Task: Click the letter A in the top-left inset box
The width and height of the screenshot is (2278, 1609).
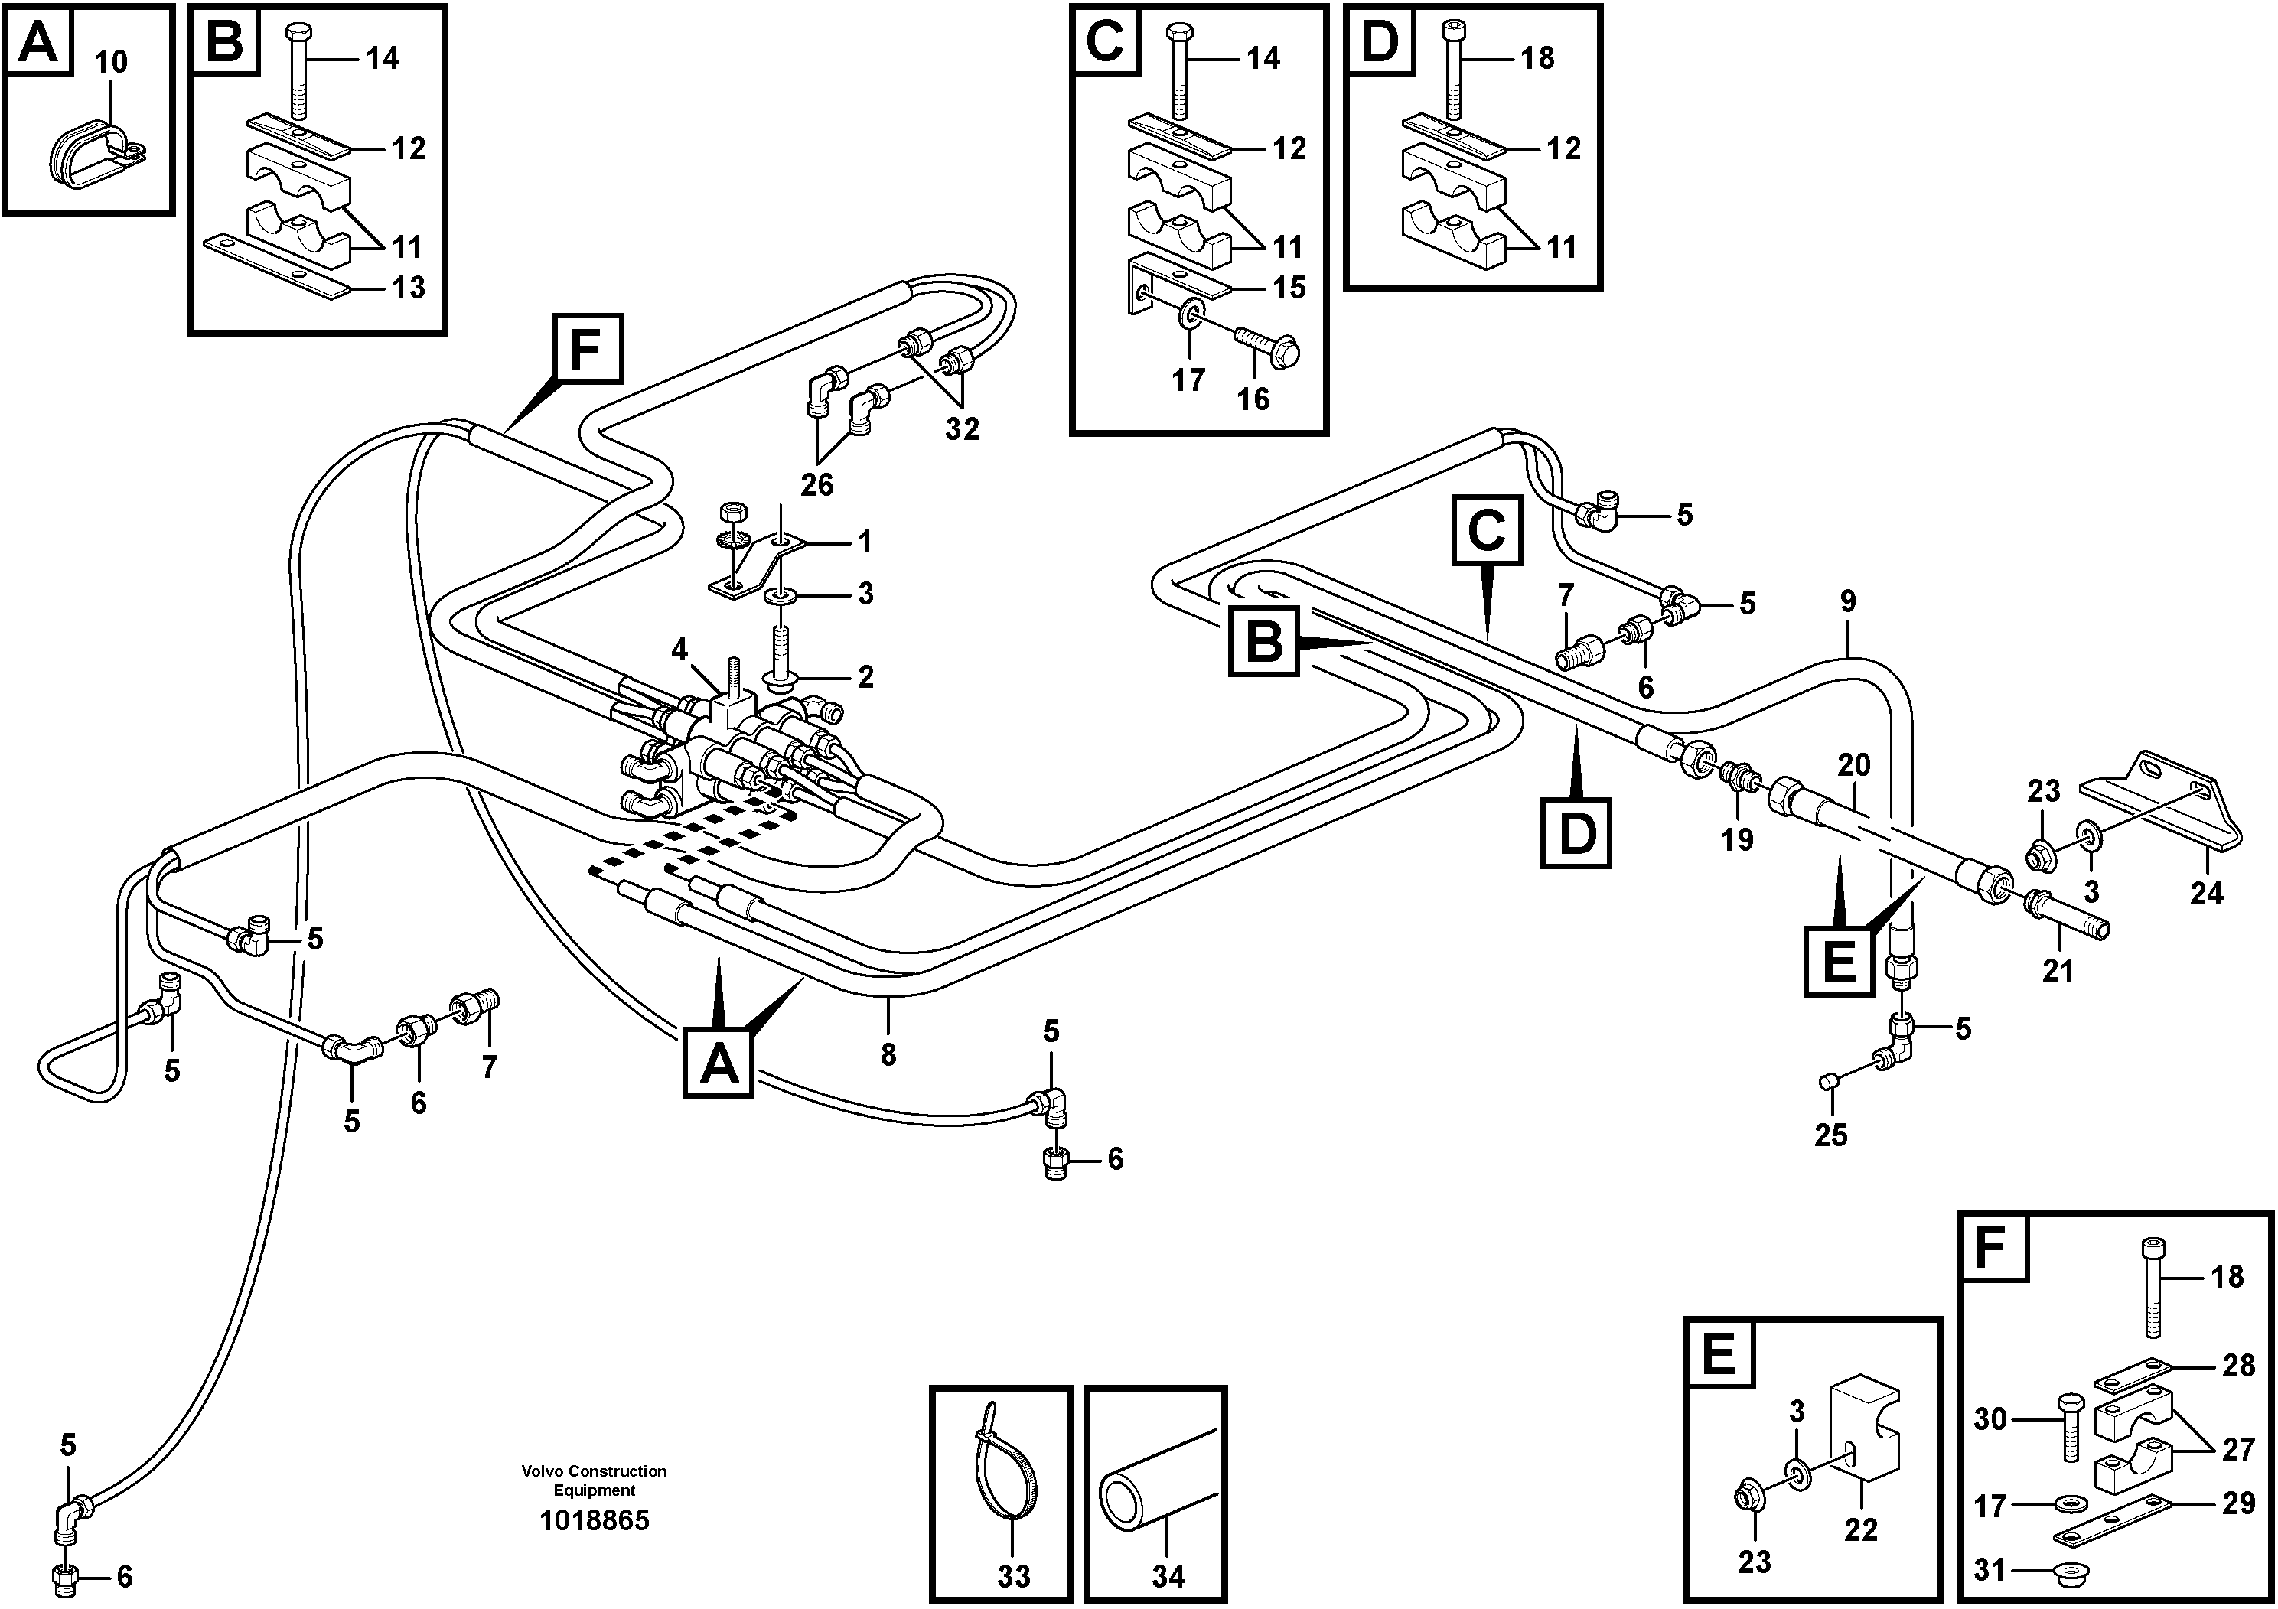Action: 37,41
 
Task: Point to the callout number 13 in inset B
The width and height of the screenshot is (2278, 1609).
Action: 409,288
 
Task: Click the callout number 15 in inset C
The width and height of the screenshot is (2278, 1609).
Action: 1289,288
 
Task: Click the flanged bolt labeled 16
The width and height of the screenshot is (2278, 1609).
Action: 1271,345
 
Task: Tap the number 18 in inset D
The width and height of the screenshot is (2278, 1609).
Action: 1537,58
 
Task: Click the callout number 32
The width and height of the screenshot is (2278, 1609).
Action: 961,429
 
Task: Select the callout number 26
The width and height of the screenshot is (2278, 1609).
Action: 816,485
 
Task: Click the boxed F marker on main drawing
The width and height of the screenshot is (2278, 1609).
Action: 588,348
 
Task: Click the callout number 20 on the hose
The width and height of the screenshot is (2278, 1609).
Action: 1853,765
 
